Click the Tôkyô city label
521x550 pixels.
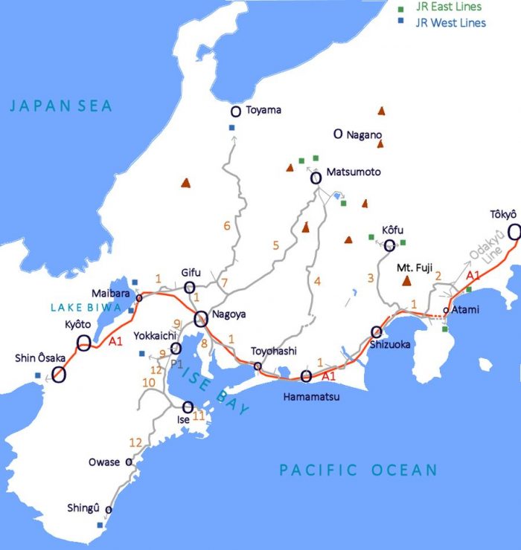coord(502,215)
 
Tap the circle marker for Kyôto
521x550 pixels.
coord(85,343)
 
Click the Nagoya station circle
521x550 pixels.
coord(201,319)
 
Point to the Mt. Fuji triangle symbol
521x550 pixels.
coord(407,281)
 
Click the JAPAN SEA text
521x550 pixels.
coord(61,106)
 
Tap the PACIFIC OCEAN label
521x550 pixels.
coord(358,470)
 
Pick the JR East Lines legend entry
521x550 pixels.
coord(449,7)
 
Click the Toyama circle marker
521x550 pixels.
coord(235,111)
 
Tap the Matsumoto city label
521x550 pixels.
coord(354,172)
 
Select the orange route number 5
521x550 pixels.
coord(275,245)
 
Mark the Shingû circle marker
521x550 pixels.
coord(108,510)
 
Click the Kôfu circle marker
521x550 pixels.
coord(389,245)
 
